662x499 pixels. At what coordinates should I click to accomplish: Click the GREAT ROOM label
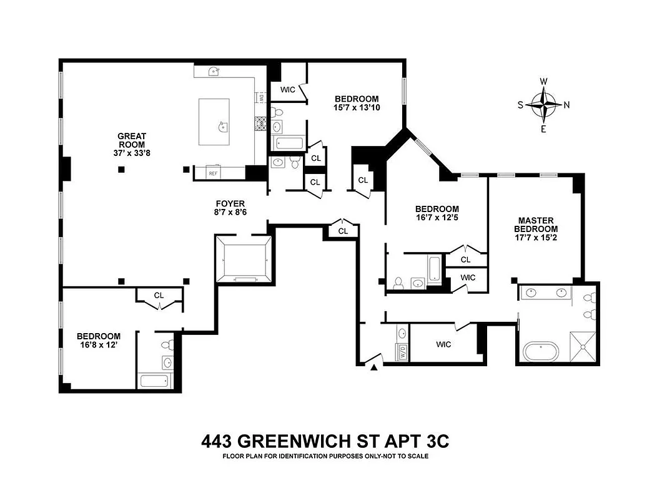pos(132,140)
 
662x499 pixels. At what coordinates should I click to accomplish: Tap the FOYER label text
pos(230,203)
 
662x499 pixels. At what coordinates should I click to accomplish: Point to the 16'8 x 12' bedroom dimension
pos(98,346)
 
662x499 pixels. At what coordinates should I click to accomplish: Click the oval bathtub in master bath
pos(543,351)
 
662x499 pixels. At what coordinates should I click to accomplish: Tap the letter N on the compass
pos(566,105)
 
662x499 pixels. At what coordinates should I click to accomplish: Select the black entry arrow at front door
pos(374,369)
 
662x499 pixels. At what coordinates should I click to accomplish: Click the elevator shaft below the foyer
pos(244,259)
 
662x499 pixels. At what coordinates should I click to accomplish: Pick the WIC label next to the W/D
pos(443,344)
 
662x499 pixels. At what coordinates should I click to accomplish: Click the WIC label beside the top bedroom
pos(287,90)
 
